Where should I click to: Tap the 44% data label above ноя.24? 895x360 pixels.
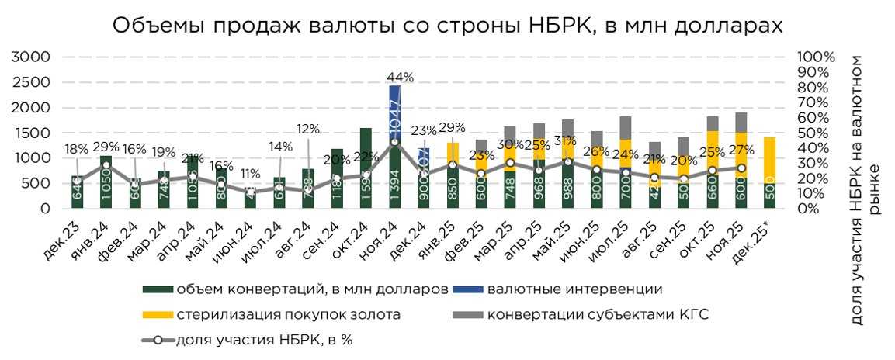401,78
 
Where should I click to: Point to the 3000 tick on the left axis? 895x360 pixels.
33,57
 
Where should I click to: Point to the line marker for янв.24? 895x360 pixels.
106,165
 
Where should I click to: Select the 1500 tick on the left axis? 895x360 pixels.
33,133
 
